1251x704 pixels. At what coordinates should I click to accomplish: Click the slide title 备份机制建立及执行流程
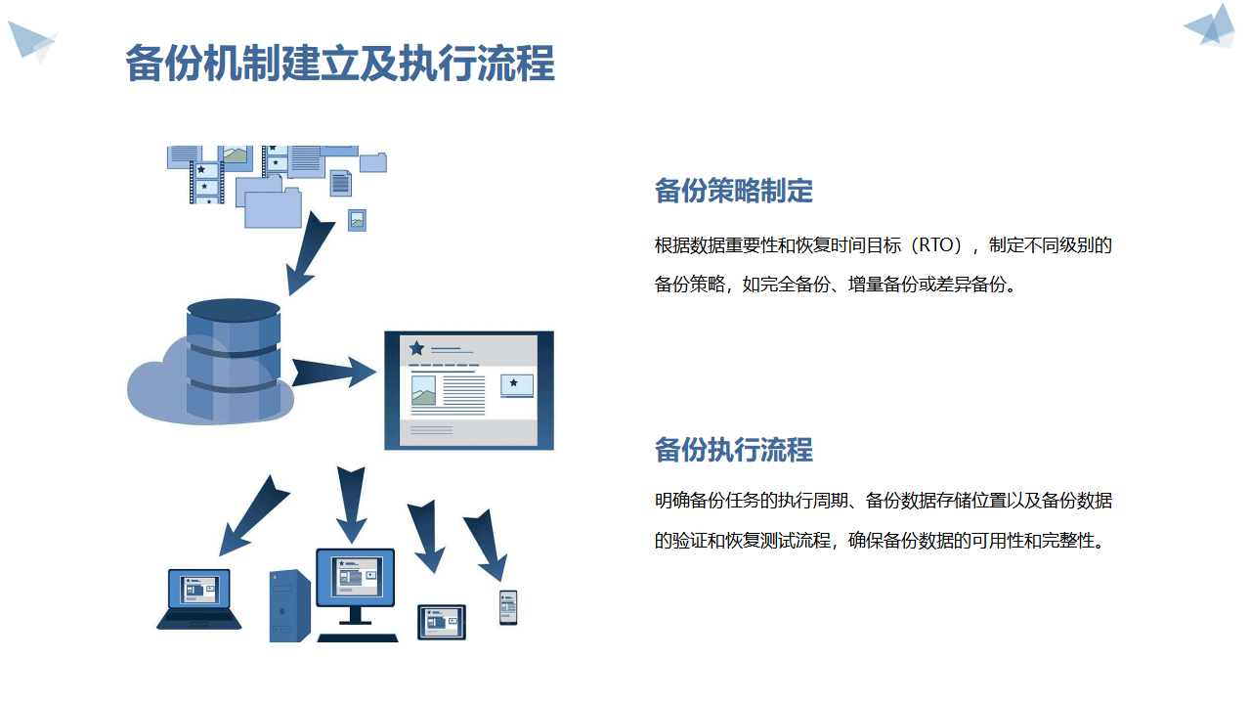(x=340, y=63)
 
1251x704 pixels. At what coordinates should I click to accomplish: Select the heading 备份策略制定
(x=733, y=192)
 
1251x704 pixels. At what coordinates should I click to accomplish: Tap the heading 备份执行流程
(x=733, y=450)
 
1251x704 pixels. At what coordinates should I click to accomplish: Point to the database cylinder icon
(x=234, y=360)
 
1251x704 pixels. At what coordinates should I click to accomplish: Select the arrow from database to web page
(x=332, y=372)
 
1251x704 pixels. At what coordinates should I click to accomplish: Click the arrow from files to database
(x=311, y=250)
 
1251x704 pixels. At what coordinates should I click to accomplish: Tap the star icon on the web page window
(x=417, y=348)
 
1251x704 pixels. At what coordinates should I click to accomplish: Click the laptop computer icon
(x=199, y=598)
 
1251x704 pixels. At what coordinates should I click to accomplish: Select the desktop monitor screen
(x=355, y=576)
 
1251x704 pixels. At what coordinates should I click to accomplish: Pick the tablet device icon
(x=442, y=622)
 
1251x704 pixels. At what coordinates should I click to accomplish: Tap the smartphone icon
(x=508, y=607)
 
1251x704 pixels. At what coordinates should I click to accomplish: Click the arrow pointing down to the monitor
(x=351, y=504)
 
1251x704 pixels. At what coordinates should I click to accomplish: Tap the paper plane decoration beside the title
(x=31, y=41)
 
